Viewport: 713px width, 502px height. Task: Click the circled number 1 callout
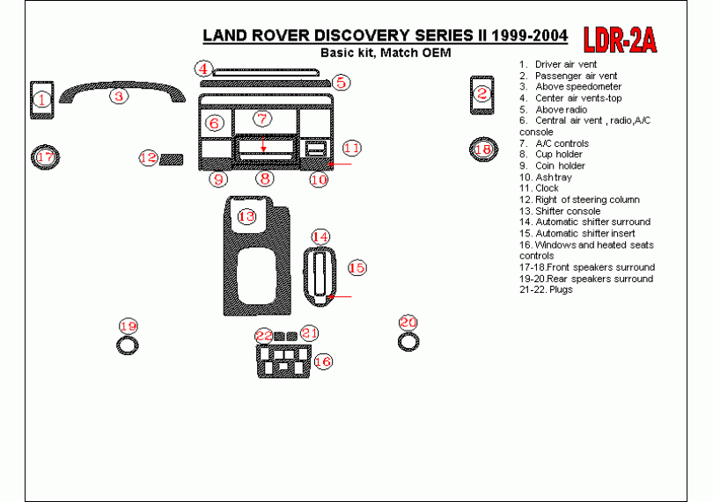(x=41, y=101)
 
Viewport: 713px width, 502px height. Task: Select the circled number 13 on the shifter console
(x=247, y=215)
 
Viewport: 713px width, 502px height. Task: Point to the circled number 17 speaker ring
(x=44, y=158)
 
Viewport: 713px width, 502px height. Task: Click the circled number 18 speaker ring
(x=482, y=149)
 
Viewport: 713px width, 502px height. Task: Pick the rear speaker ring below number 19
(x=129, y=344)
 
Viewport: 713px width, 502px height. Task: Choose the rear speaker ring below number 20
(x=408, y=342)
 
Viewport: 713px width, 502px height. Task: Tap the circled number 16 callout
(x=323, y=361)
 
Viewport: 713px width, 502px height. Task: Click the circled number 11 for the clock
(x=351, y=148)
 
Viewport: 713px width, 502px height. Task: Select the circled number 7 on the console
(x=261, y=119)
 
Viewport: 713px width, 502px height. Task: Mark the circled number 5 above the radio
(x=342, y=83)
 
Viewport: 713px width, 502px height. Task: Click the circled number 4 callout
(x=203, y=68)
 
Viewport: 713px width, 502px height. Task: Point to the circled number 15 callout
(x=356, y=267)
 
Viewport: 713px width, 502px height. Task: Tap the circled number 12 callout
(x=148, y=158)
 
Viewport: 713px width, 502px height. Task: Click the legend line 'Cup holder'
(x=558, y=154)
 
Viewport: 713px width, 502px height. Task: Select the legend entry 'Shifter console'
(x=567, y=211)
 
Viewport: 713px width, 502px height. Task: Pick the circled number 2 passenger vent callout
(x=481, y=94)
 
